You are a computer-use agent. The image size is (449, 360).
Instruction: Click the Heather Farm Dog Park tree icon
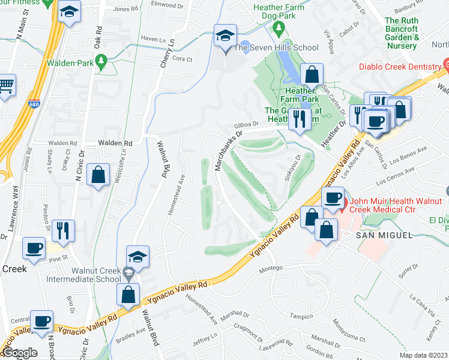click(278, 28)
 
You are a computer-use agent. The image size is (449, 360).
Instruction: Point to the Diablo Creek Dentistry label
click(398, 67)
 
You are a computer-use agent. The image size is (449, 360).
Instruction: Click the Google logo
click(19, 353)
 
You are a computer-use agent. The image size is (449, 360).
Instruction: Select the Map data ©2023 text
click(423, 355)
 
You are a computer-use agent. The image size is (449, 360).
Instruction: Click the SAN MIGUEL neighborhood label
click(384, 235)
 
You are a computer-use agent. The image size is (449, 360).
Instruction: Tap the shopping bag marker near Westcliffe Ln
click(98, 176)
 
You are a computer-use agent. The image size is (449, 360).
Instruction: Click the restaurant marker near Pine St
click(63, 230)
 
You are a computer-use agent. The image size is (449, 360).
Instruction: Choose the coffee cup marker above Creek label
click(34, 248)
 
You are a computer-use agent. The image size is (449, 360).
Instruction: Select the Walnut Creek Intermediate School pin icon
click(128, 274)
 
